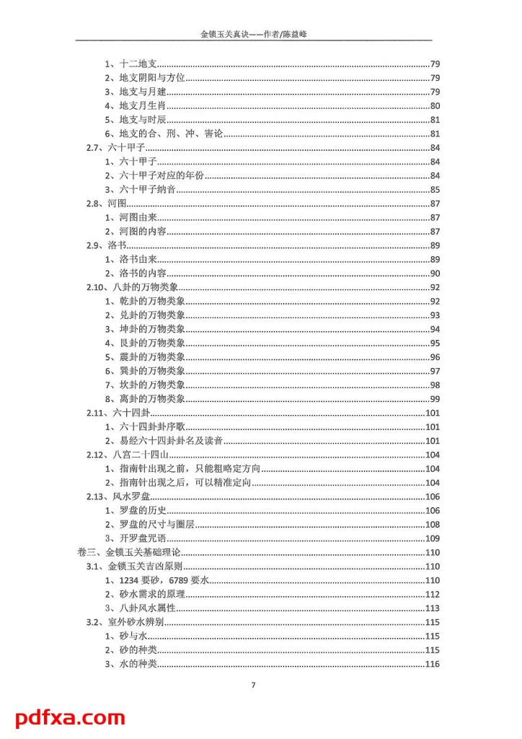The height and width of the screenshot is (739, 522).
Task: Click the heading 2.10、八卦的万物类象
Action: (x=132, y=287)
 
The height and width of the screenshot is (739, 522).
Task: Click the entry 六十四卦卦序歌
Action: (x=149, y=427)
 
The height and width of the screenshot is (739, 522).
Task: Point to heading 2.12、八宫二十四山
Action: (x=127, y=455)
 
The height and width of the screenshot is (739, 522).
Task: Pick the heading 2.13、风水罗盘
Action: (x=118, y=497)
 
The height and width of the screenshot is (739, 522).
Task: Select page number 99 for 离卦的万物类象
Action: (x=435, y=399)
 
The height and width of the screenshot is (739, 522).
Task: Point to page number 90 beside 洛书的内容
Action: (x=435, y=274)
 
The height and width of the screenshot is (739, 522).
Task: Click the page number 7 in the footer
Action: (x=253, y=685)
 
